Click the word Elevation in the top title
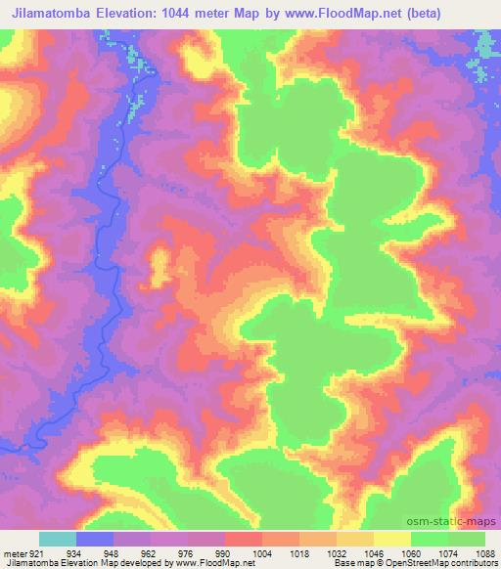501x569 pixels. tap(142, 13)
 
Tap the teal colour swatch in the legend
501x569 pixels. tap(57, 539)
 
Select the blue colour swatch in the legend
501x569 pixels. tap(94, 539)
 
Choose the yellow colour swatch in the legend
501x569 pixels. tap(391, 539)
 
